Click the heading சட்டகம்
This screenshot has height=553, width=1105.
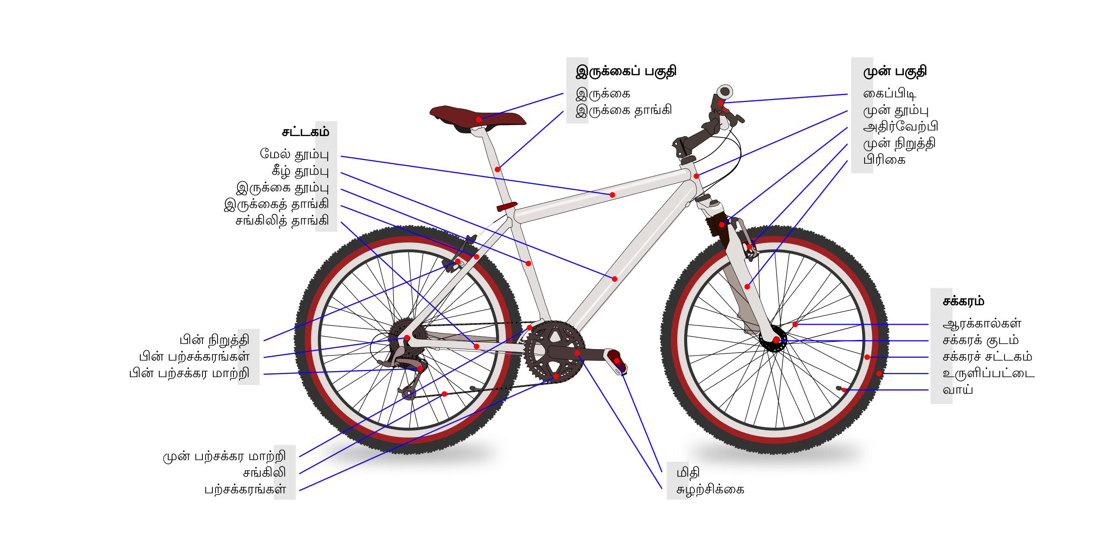tap(306, 132)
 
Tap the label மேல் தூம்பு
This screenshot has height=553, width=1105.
tap(294, 155)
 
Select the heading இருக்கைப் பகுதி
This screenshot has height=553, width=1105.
tap(626, 71)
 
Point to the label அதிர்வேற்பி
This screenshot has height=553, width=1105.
tap(901, 127)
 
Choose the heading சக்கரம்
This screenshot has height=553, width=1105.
tap(963, 301)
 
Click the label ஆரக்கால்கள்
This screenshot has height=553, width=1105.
tap(982, 324)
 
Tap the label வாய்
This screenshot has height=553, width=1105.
tap(958, 390)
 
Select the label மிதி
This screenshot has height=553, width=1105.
tap(688, 473)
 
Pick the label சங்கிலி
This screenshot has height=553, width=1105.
tap(264, 473)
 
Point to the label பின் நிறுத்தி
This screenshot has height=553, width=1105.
tap(215, 340)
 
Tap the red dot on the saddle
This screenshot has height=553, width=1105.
tap(478, 119)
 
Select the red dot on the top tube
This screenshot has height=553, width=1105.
tap(612, 195)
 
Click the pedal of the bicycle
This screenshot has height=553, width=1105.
tap(617, 362)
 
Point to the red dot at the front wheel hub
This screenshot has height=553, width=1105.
tap(776, 340)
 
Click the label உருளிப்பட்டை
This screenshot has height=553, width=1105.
tap(988, 373)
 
